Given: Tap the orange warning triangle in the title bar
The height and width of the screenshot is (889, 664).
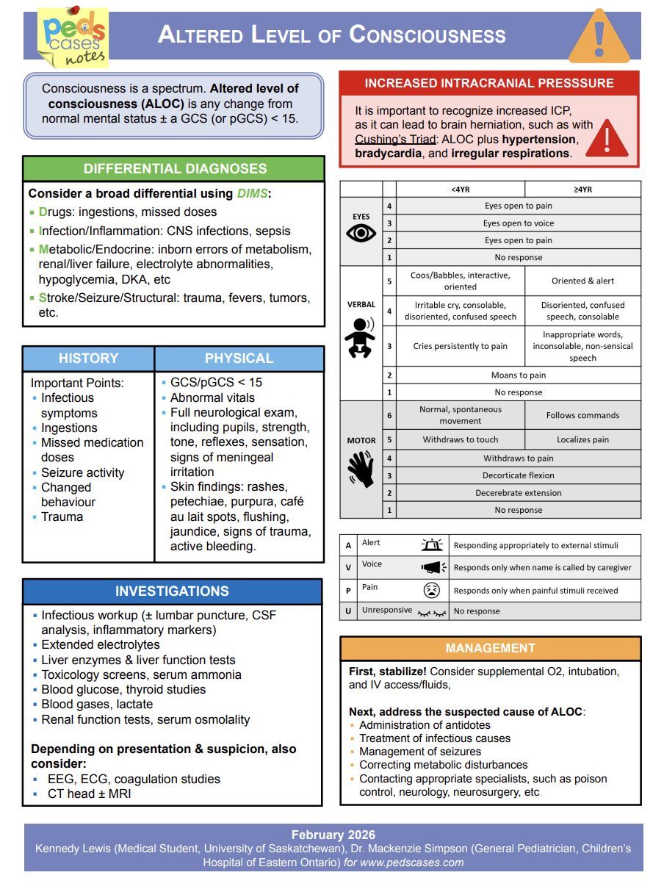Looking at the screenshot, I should (x=599, y=37).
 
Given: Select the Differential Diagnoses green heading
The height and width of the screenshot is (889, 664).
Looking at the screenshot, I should (x=174, y=169).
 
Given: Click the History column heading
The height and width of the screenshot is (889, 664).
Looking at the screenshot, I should (x=88, y=359).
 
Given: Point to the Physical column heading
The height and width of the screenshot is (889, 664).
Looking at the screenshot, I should (x=239, y=359).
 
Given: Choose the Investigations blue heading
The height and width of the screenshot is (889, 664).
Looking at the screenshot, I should (x=172, y=591).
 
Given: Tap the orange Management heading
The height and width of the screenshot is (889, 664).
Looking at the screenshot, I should (x=490, y=648).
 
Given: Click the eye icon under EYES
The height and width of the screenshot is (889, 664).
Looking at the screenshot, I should (x=361, y=234).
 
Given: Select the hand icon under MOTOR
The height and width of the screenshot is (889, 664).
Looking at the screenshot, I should (x=361, y=468).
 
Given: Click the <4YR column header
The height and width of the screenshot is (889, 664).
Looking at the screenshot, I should (x=461, y=190).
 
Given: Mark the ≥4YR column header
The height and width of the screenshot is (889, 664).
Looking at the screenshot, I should (x=582, y=190).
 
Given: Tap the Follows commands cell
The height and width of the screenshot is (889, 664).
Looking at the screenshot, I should (x=582, y=415).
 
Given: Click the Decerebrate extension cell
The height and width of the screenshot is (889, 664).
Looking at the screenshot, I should (x=518, y=493).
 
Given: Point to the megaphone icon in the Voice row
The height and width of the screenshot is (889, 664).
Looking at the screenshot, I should (x=433, y=567).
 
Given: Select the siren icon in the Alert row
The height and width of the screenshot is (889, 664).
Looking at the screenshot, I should (x=433, y=545).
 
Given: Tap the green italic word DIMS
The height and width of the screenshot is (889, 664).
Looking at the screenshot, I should (x=253, y=194).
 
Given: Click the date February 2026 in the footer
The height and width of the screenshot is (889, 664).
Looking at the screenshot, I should (x=333, y=835).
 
